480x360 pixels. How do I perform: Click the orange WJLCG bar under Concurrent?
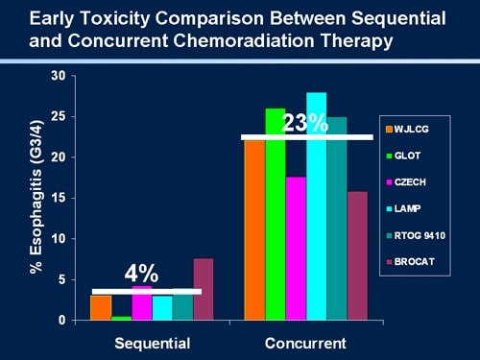pyautogui.click(x=254, y=230)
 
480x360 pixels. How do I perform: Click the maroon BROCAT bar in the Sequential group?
pyautogui.click(x=203, y=289)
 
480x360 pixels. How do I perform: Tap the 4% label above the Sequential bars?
pyautogui.click(x=141, y=273)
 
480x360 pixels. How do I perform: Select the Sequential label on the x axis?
pyautogui.click(x=152, y=343)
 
